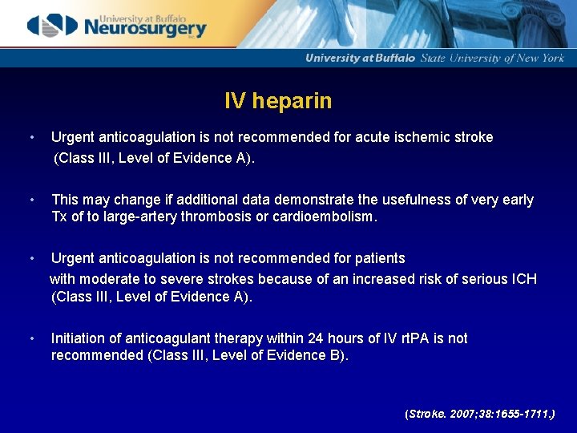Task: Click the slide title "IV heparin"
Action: tap(278, 101)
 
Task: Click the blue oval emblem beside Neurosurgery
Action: tap(53, 26)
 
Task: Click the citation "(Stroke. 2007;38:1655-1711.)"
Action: tap(479, 414)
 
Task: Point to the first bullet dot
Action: tap(30, 137)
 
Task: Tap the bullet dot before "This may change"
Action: tap(30, 200)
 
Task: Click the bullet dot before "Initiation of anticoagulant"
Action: tap(30, 338)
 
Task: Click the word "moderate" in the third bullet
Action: tap(110, 279)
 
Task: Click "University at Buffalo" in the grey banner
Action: tap(360, 58)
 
